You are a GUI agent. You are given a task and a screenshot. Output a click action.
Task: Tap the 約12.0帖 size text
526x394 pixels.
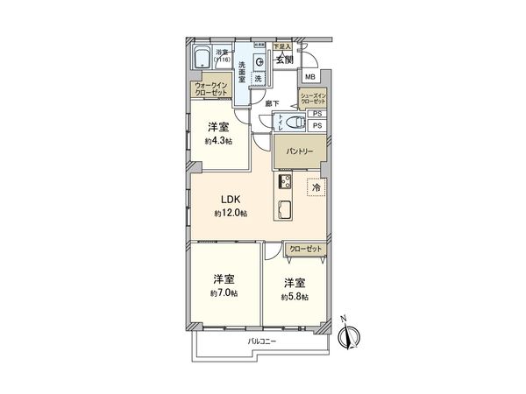[x=231, y=214]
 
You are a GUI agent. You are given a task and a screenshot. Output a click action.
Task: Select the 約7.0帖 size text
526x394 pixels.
[x=222, y=292]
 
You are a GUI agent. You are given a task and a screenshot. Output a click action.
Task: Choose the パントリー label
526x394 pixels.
[x=297, y=151]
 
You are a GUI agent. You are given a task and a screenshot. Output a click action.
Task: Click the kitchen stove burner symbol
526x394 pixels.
[x=285, y=182]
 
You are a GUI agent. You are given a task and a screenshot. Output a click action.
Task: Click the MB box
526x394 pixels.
[x=309, y=76]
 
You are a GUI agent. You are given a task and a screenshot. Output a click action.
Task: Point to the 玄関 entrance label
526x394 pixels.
[x=283, y=60]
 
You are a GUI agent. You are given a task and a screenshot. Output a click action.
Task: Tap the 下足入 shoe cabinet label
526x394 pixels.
[x=281, y=46]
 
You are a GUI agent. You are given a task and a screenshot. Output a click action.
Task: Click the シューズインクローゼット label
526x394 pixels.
[x=313, y=98]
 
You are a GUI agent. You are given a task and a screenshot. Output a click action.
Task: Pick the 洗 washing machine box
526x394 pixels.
[x=258, y=79]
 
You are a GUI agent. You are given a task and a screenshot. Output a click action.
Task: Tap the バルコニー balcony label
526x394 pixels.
[x=260, y=341]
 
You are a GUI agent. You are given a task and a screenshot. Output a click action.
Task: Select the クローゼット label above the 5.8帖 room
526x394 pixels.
[x=305, y=250]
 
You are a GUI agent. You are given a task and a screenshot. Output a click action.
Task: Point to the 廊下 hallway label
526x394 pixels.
[x=273, y=103]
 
